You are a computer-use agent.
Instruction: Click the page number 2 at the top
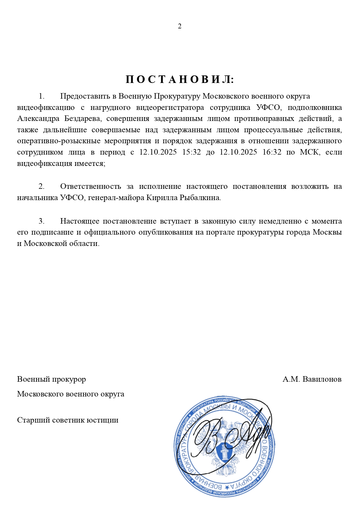click(180, 26)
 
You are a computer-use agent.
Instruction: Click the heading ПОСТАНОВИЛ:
click(180, 79)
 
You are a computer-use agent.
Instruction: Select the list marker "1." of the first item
click(42, 96)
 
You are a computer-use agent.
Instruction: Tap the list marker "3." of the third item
click(42, 221)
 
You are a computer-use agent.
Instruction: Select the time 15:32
click(191, 152)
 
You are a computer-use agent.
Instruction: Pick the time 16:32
click(272, 152)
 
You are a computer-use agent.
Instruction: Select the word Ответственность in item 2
click(90, 186)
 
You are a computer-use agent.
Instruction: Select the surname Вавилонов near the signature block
click(322, 379)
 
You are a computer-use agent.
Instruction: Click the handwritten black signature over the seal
click(229, 435)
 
